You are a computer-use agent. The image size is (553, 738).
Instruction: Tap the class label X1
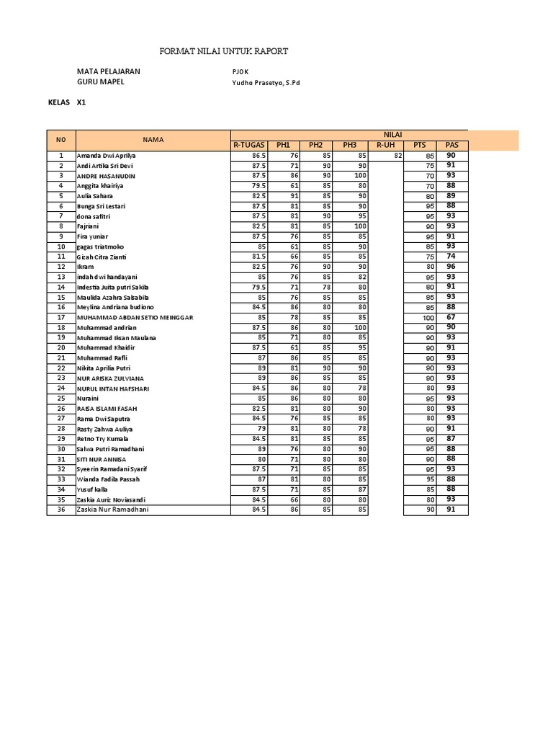pos(81,103)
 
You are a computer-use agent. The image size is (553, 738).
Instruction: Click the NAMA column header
pos(153,140)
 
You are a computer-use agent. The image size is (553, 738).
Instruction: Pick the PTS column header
pos(419,145)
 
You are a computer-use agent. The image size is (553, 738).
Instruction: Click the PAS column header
pos(451,145)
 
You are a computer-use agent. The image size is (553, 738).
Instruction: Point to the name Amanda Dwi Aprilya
pos(106,156)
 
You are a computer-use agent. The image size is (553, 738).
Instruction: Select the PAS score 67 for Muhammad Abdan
pos(451,317)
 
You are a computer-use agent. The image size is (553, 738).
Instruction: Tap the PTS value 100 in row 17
pos(428,317)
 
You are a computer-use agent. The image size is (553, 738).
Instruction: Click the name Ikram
pos(85,267)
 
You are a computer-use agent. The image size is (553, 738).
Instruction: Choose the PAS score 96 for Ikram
pos(451,267)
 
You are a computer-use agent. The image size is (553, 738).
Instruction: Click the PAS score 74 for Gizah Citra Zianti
pos(451,257)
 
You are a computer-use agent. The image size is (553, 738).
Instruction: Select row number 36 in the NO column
pos(61,510)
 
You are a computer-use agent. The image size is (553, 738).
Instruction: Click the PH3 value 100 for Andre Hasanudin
pos(359,176)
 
